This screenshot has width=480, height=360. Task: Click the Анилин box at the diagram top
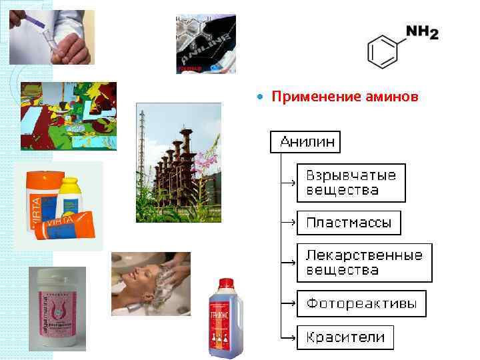pos(305,142)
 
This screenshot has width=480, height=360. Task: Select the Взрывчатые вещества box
pos(351,183)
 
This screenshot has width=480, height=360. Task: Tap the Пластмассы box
pos(349,223)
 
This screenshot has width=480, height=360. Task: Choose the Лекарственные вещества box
pos(364,263)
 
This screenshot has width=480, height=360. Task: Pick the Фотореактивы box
pos(361,304)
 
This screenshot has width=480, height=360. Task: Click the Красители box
pos(345,337)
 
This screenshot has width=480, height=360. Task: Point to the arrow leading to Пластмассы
pos(289,220)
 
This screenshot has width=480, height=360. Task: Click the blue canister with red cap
pos(225,319)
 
